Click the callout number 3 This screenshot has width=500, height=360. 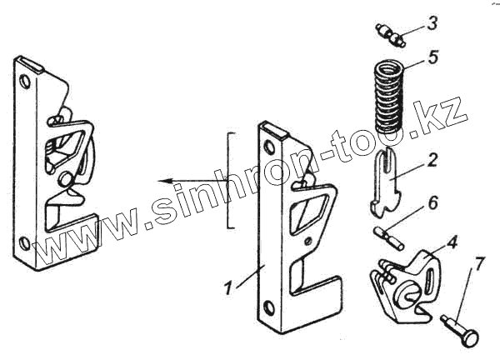click(x=432, y=23)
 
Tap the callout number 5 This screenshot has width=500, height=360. click(x=432, y=58)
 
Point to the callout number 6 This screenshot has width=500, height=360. click(x=432, y=202)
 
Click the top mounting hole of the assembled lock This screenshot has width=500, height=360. click(x=26, y=82)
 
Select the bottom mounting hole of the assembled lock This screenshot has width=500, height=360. click(x=25, y=242)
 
